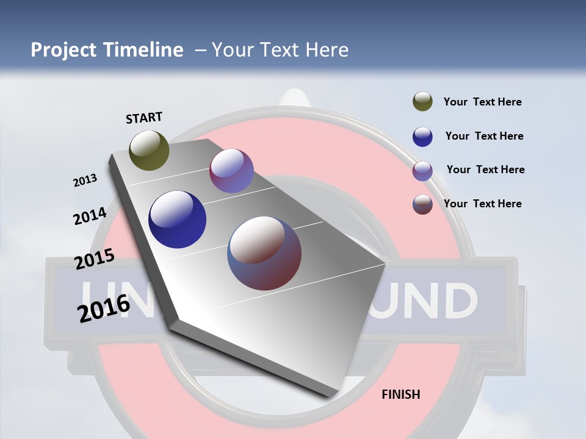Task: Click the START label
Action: (144, 118)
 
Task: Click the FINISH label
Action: (400, 394)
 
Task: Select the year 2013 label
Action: (85, 180)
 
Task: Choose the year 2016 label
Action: (104, 308)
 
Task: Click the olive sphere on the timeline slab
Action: (149, 150)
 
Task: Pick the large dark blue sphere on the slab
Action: (177, 220)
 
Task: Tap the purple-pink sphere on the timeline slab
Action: (231, 171)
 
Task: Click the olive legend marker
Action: (422, 101)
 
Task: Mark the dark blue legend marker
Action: (422, 137)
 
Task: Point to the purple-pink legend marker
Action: (422, 171)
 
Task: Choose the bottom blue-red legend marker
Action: (422, 204)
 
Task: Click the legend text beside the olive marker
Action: (482, 102)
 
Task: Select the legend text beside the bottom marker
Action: (482, 204)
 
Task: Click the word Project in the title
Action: (64, 50)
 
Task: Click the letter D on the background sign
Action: (456, 301)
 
